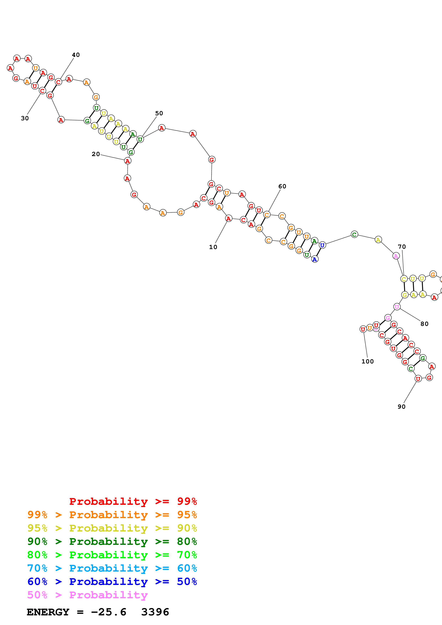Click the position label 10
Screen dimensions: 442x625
[213, 247]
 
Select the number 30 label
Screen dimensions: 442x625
[25, 118]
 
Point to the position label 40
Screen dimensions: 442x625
[76, 55]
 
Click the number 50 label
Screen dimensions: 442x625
[159, 113]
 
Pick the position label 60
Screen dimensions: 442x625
[282, 186]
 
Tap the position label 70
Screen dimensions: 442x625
[402, 247]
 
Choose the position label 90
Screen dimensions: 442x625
[401, 407]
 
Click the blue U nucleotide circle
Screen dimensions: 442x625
[322, 245]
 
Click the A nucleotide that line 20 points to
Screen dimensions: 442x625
[127, 161]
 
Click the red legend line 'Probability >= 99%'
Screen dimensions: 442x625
[133, 501]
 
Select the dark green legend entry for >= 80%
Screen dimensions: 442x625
[112, 541]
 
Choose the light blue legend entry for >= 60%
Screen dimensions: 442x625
[112, 568]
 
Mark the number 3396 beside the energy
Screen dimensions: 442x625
[155, 612]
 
